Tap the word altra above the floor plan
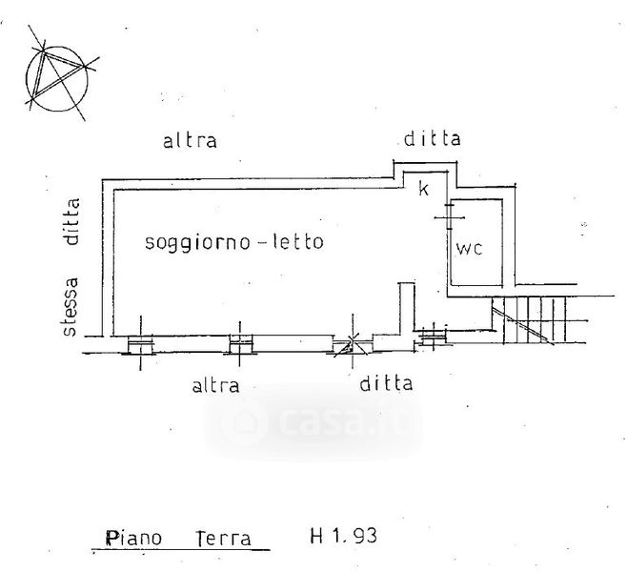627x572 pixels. [x=190, y=142]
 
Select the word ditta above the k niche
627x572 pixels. [x=431, y=139]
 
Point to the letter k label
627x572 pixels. [x=424, y=189]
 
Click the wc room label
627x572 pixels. [x=471, y=249]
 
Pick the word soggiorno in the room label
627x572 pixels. [x=193, y=242]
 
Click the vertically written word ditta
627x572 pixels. [x=69, y=222]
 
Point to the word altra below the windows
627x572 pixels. [x=215, y=385]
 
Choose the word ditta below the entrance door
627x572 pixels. [x=386, y=384]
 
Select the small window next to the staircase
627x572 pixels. [x=434, y=334]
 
